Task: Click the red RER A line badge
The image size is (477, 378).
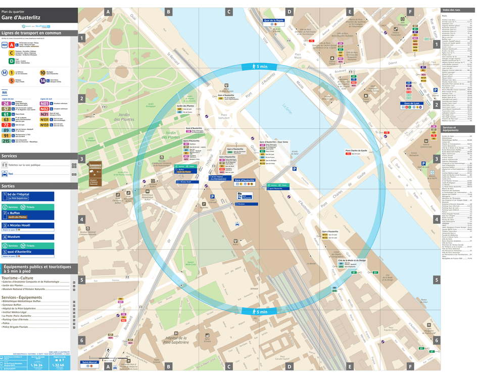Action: pyautogui.click(x=11, y=45)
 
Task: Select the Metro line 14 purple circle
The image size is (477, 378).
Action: pyautogui.click(x=43, y=80)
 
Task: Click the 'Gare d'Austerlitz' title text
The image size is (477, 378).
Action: pyautogui.click(x=22, y=17)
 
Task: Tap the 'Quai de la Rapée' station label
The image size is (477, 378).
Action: pyautogui.click(x=273, y=20)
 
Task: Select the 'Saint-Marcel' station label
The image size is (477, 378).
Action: pyautogui.click(x=89, y=362)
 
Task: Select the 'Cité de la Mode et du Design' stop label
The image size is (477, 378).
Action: pyautogui.click(x=352, y=260)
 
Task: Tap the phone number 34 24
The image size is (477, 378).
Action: pyautogui.click(x=36, y=365)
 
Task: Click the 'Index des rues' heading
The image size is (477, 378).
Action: pyautogui.click(x=452, y=10)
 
